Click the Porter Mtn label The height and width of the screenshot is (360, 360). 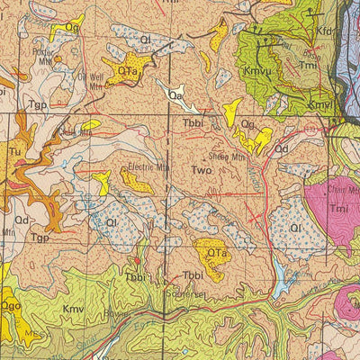[x=42, y=51]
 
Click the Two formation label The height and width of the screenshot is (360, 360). [x=203, y=168]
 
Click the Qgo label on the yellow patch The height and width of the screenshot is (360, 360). [x=12, y=306]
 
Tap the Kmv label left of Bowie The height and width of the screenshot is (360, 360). [x=72, y=309]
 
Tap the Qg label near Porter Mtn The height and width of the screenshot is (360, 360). [x=72, y=28]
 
